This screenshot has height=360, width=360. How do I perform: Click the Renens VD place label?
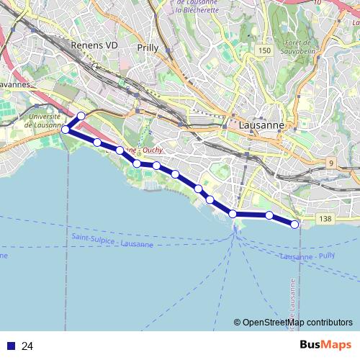pos(94,45)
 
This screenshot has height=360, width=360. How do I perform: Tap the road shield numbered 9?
pos(331,163)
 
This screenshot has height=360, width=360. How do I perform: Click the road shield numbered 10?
pos(317,4)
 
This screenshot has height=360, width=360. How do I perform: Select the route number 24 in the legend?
pos(28,346)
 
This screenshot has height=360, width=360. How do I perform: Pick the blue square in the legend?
pos(10,346)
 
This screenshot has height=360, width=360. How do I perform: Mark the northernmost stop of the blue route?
pos(81,116)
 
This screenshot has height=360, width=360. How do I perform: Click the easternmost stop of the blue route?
pos(295,225)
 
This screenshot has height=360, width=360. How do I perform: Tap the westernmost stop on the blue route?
pos(66,130)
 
